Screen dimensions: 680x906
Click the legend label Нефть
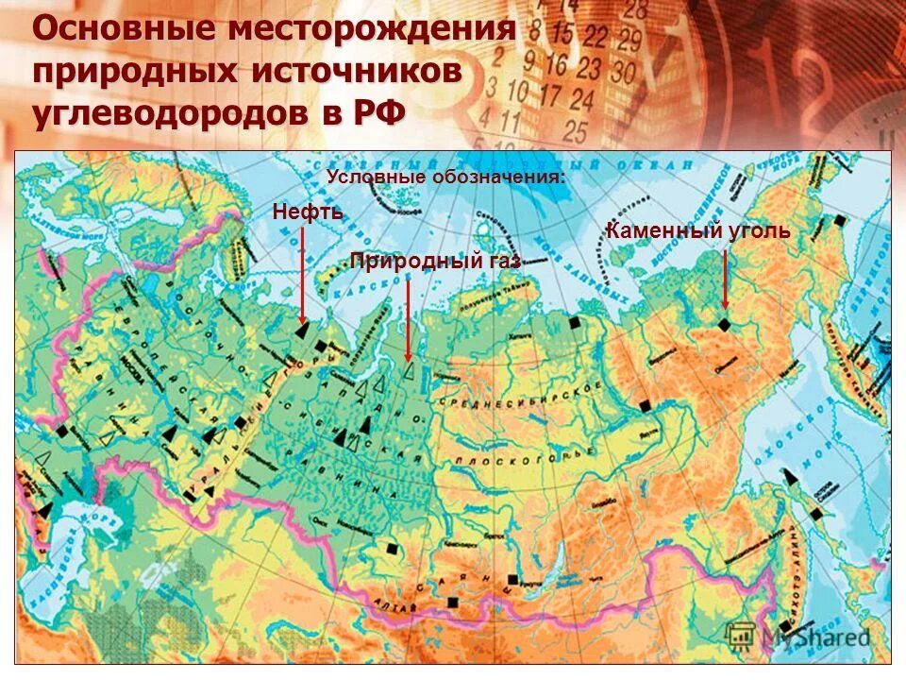tap(307, 212)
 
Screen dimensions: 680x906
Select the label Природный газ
tap(434, 262)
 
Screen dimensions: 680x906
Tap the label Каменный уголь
tap(697, 230)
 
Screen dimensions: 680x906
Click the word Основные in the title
tap(124, 30)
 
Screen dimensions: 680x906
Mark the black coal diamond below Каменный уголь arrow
tap(724, 324)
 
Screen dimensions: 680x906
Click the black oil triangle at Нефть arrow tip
tap(301, 331)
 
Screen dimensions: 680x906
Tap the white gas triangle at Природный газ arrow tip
tap(408, 371)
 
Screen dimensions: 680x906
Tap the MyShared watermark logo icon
tap(739, 636)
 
